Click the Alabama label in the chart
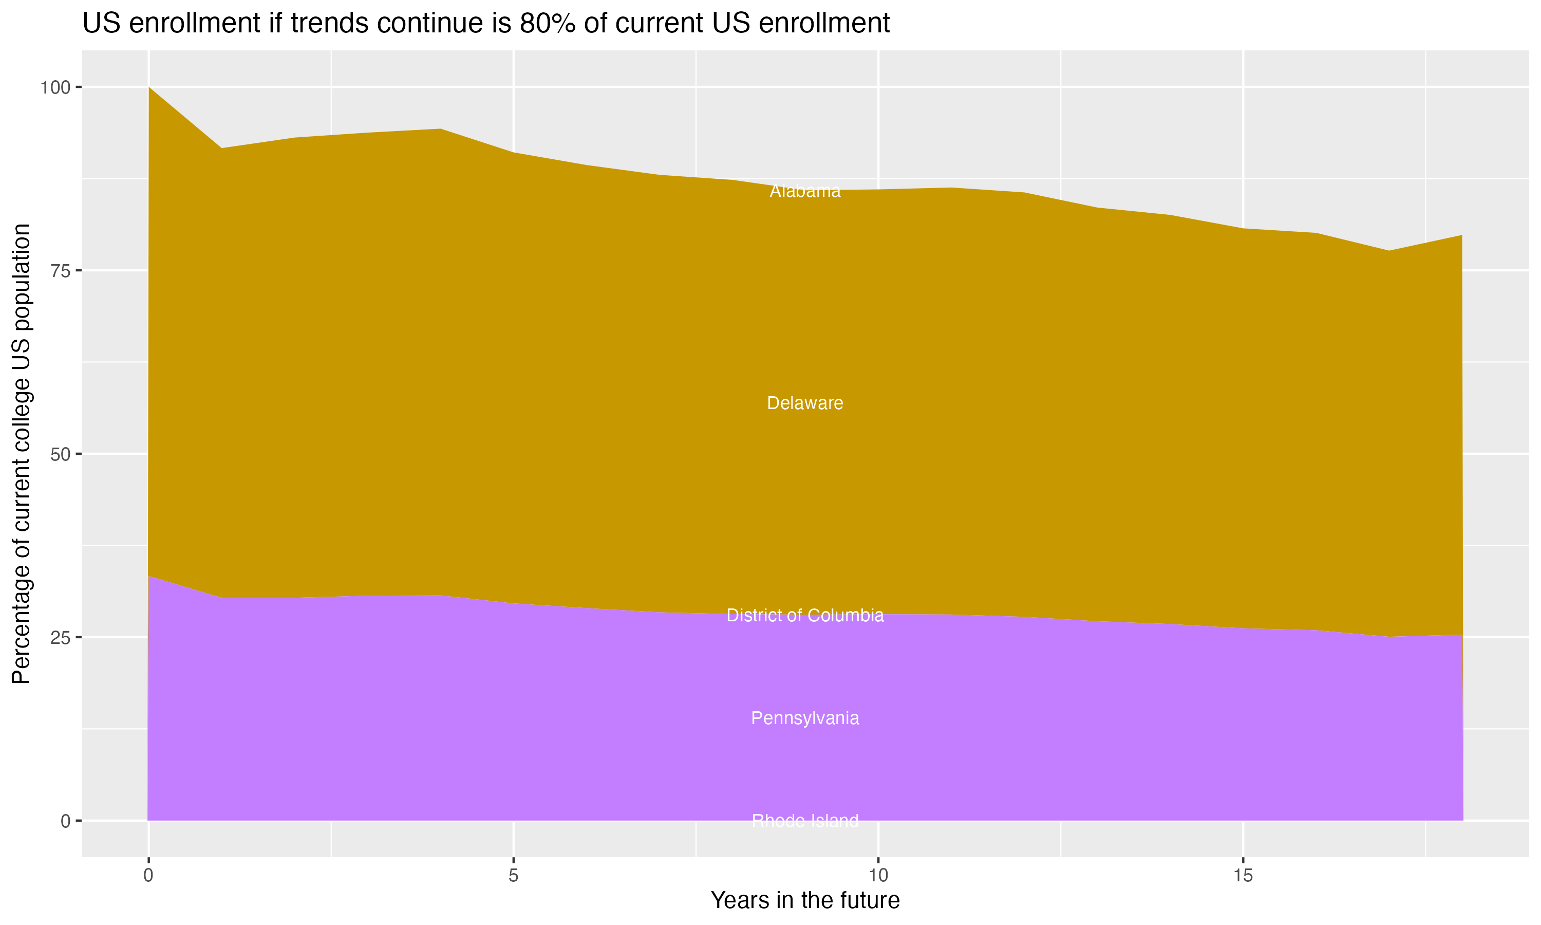805,191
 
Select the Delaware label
805,403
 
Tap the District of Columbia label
805,615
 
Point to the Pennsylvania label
805,718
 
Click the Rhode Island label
805,821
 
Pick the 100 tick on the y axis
55,87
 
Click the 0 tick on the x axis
148,876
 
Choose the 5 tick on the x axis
513,876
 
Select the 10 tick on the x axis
878,876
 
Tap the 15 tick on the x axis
1243,876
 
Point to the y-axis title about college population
21,454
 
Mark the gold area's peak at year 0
149,88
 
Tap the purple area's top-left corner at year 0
149,577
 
